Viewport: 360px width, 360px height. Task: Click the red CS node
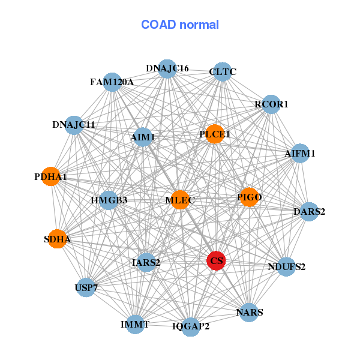click(216, 260)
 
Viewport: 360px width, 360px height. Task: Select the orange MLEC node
click(180, 199)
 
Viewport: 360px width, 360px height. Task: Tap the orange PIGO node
click(249, 197)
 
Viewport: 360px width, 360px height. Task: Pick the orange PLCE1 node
click(215, 134)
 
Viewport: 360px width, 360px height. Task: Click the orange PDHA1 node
click(50, 177)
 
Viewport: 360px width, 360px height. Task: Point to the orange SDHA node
click(57, 239)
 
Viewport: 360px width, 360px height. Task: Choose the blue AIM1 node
click(143, 137)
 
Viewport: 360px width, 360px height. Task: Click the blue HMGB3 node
click(109, 200)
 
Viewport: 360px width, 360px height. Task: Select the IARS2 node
click(146, 262)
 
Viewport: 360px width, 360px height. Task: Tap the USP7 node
click(86, 288)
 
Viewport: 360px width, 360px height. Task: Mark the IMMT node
click(135, 324)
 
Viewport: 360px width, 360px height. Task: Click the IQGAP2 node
click(191, 326)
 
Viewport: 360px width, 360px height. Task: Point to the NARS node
click(249, 312)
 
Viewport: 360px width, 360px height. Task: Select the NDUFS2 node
click(286, 266)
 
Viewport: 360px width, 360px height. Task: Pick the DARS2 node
click(309, 211)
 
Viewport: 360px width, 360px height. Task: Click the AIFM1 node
click(300, 154)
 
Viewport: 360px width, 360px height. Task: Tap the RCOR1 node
click(271, 104)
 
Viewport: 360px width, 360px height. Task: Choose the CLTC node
click(223, 72)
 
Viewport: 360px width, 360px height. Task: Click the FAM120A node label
click(112, 82)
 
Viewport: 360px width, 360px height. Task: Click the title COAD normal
click(180, 25)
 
